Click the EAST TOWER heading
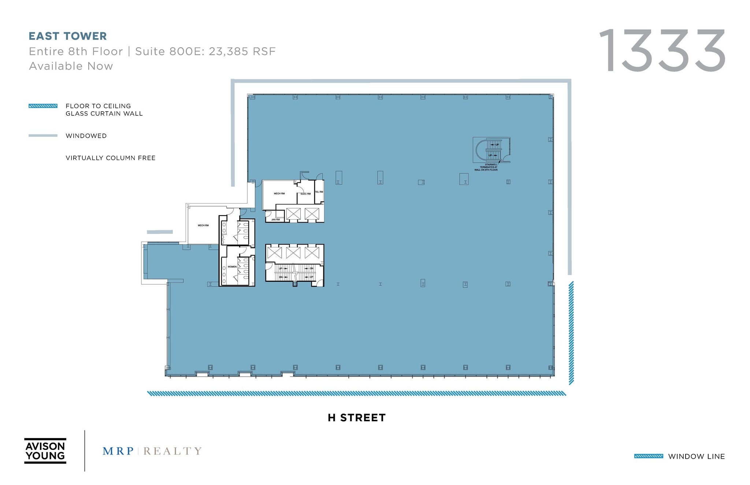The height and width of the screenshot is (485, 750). [x=68, y=36]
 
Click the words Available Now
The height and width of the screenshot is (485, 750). [x=71, y=66]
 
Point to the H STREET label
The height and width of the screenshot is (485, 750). [x=357, y=418]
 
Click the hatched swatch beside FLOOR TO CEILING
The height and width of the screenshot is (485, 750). [x=43, y=106]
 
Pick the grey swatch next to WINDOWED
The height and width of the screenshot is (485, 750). [x=43, y=136]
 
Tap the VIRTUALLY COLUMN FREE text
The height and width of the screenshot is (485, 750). [x=111, y=158]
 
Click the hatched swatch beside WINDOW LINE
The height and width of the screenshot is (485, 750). [x=649, y=456]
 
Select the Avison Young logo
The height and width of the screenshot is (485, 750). [x=45, y=451]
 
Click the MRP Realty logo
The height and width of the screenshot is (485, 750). [x=152, y=451]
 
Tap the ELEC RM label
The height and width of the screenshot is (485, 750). [x=306, y=194]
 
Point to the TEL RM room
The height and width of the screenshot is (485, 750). [x=319, y=192]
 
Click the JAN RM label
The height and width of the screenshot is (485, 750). [x=275, y=220]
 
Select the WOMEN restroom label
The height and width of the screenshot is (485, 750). [x=232, y=267]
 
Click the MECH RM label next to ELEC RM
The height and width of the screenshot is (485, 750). [x=279, y=194]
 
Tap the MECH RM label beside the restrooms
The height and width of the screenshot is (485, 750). [x=203, y=225]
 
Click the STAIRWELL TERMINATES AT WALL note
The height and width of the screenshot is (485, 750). [x=486, y=167]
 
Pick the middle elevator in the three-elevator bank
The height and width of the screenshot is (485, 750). [x=293, y=253]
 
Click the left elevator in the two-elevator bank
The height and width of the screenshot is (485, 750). [x=293, y=214]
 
